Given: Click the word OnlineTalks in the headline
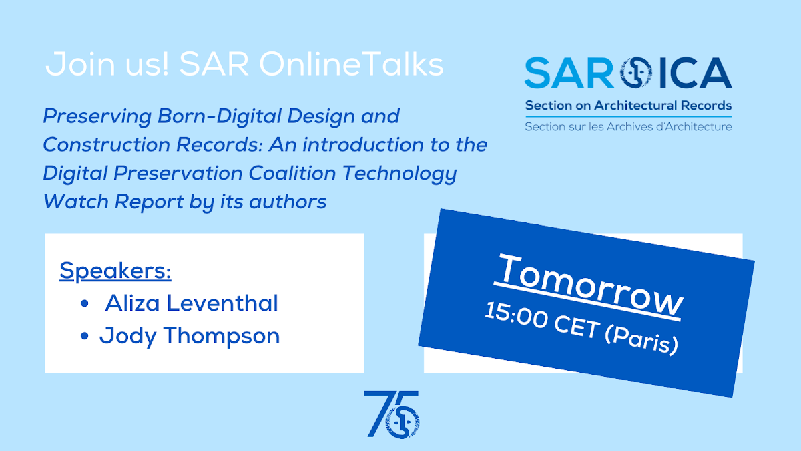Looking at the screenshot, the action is pos(351,64).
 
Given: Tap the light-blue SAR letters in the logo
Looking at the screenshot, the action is pos(569,73).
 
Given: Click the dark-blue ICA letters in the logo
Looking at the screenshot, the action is pos(696,73).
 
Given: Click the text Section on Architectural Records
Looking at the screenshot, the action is pos(628,106).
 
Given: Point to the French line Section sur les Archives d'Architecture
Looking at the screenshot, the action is pos(628,126).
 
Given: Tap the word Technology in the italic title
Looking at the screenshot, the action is pos(400,174).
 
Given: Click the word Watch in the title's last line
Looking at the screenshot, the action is pos(76,202).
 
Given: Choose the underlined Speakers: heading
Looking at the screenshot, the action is pos(115,271).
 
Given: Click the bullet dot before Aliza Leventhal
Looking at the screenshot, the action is pos(85,303).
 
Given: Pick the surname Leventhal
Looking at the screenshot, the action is pos(222,303).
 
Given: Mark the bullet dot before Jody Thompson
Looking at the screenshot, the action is pos(85,335).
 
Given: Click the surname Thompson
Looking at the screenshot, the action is pos(222,337).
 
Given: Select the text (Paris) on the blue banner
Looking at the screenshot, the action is pos(642,340).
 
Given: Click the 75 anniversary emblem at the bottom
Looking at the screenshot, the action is pos(392,414).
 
